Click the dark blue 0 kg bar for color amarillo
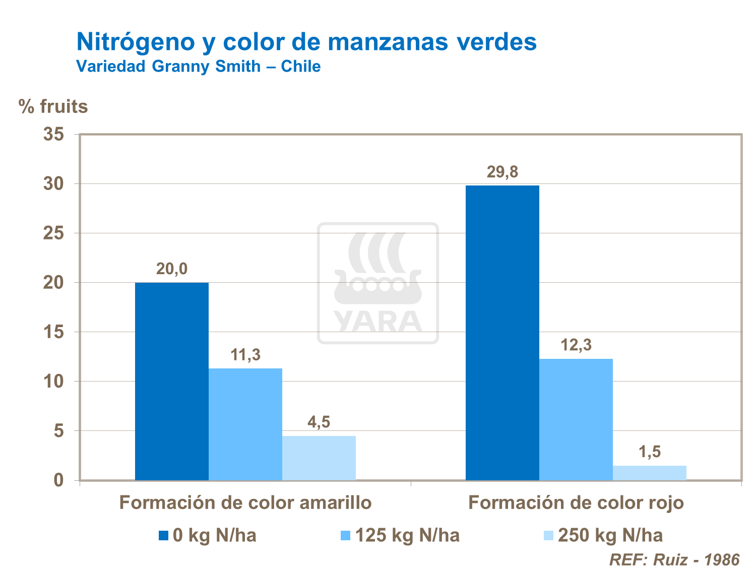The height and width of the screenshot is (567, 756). [x=172, y=381]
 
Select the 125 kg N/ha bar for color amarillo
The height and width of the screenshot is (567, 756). [x=245, y=424]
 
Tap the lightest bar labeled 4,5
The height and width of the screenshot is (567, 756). [x=319, y=458]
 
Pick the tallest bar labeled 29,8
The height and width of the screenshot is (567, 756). [x=502, y=333]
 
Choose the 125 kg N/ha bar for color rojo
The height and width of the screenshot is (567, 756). [x=576, y=419]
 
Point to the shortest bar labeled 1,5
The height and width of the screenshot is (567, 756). [x=650, y=473]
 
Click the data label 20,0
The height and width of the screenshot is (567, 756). [x=172, y=269]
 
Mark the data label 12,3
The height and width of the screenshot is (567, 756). [x=576, y=345]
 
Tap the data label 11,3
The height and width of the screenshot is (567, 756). [x=245, y=355]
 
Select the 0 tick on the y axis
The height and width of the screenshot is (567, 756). [x=59, y=480]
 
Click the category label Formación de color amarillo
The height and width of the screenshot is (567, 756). [x=245, y=503]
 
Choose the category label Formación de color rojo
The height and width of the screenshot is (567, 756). [x=576, y=503]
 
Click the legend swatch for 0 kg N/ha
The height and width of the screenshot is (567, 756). [x=163, y=535]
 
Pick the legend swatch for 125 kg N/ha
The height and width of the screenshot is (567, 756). [x=345, y=535]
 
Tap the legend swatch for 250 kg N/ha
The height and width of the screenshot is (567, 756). [x=548, y=535]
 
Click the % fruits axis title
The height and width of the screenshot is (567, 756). [x=53, y=107]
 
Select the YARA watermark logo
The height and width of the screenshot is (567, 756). [x=378, y=283]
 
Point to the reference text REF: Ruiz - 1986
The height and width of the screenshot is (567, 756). [x=674, y=559]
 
